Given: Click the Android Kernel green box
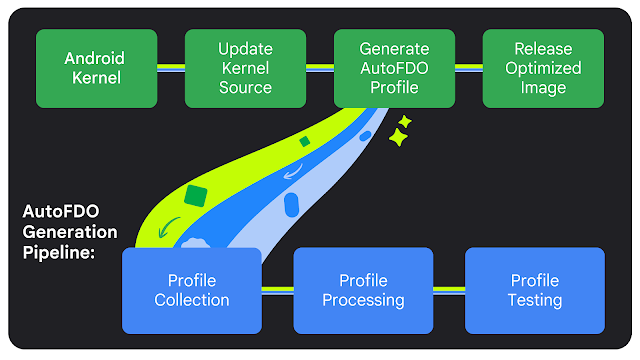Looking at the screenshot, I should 97,68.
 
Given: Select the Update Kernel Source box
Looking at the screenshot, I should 245,68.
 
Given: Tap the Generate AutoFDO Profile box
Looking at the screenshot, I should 393,68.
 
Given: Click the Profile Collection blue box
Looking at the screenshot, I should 191,290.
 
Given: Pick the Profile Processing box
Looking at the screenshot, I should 363,290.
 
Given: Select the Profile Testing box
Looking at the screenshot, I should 536,290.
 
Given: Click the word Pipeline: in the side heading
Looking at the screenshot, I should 59,253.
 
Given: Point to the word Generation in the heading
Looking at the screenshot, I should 70,232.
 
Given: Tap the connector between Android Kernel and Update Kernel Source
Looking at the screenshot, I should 171,68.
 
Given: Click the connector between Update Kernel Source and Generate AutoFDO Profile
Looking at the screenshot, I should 319,68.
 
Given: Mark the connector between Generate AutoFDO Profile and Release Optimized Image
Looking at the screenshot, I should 469,68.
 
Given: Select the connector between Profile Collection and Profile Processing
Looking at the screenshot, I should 277,291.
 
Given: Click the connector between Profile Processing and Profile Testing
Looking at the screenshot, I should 449,291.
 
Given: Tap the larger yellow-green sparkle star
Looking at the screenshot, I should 398,139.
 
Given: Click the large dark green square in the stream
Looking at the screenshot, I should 196,195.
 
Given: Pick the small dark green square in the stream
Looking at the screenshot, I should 305,142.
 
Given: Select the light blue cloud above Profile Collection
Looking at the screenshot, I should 195,241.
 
